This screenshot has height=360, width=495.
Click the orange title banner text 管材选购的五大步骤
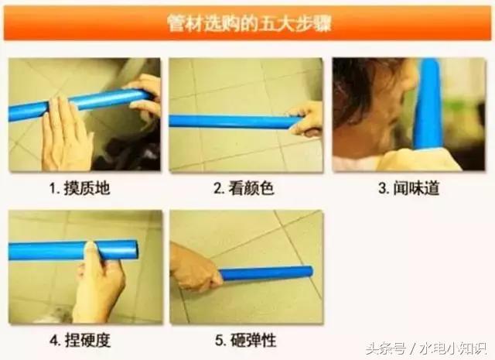(x=249, y=22)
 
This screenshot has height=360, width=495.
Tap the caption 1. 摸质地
(x=80, y=188)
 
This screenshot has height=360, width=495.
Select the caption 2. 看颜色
(x=244, y=188)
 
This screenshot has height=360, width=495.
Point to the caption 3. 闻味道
(x=409, y=188)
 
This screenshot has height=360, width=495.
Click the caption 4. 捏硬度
(x=80, y=341)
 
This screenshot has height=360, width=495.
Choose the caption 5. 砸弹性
(x=246, y=341)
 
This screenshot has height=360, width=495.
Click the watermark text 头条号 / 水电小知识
(x=427, y=348)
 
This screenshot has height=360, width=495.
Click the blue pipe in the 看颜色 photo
(x=234, y=122)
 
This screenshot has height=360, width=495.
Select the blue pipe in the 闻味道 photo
(x=428, y=105)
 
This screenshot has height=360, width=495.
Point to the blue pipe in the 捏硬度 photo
(x=73, y=250)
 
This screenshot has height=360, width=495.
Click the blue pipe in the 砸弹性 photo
(x=266, y=273)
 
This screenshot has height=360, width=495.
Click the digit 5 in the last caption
(x=219, y=341)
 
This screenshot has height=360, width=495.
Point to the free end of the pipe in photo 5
(x=309, y=271)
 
